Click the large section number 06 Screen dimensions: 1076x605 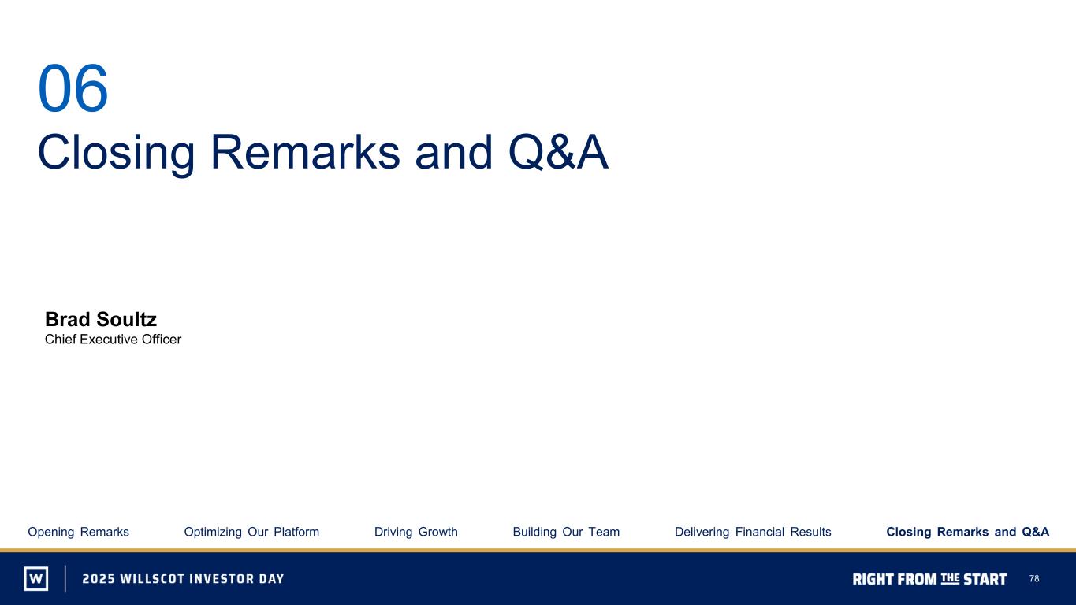point(73,88)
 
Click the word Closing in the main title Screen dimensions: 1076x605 point(116,154)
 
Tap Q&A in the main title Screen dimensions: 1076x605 point(558,152)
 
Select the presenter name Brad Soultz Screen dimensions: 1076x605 point(101,319)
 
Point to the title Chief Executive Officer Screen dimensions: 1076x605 point(113,340)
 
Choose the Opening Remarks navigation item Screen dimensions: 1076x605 point(78,532)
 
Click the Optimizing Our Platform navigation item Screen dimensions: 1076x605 point(251,532)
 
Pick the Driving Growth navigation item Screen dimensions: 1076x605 point(416,532)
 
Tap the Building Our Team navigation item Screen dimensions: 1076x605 point(566,532)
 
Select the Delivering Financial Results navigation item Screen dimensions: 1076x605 point(753,532)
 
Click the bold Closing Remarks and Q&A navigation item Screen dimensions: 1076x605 point(968,532)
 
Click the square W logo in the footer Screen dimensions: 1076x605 point(36,578)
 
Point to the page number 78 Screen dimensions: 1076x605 point(1034,578)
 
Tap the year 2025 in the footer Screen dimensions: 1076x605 point(99,579)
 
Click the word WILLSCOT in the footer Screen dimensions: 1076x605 point(152,579)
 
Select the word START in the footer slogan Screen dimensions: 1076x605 point(985,580)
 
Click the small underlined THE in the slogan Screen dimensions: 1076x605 point(950,578)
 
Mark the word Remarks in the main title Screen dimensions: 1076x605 point(305,152)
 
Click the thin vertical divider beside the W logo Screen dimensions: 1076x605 point(65,578)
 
